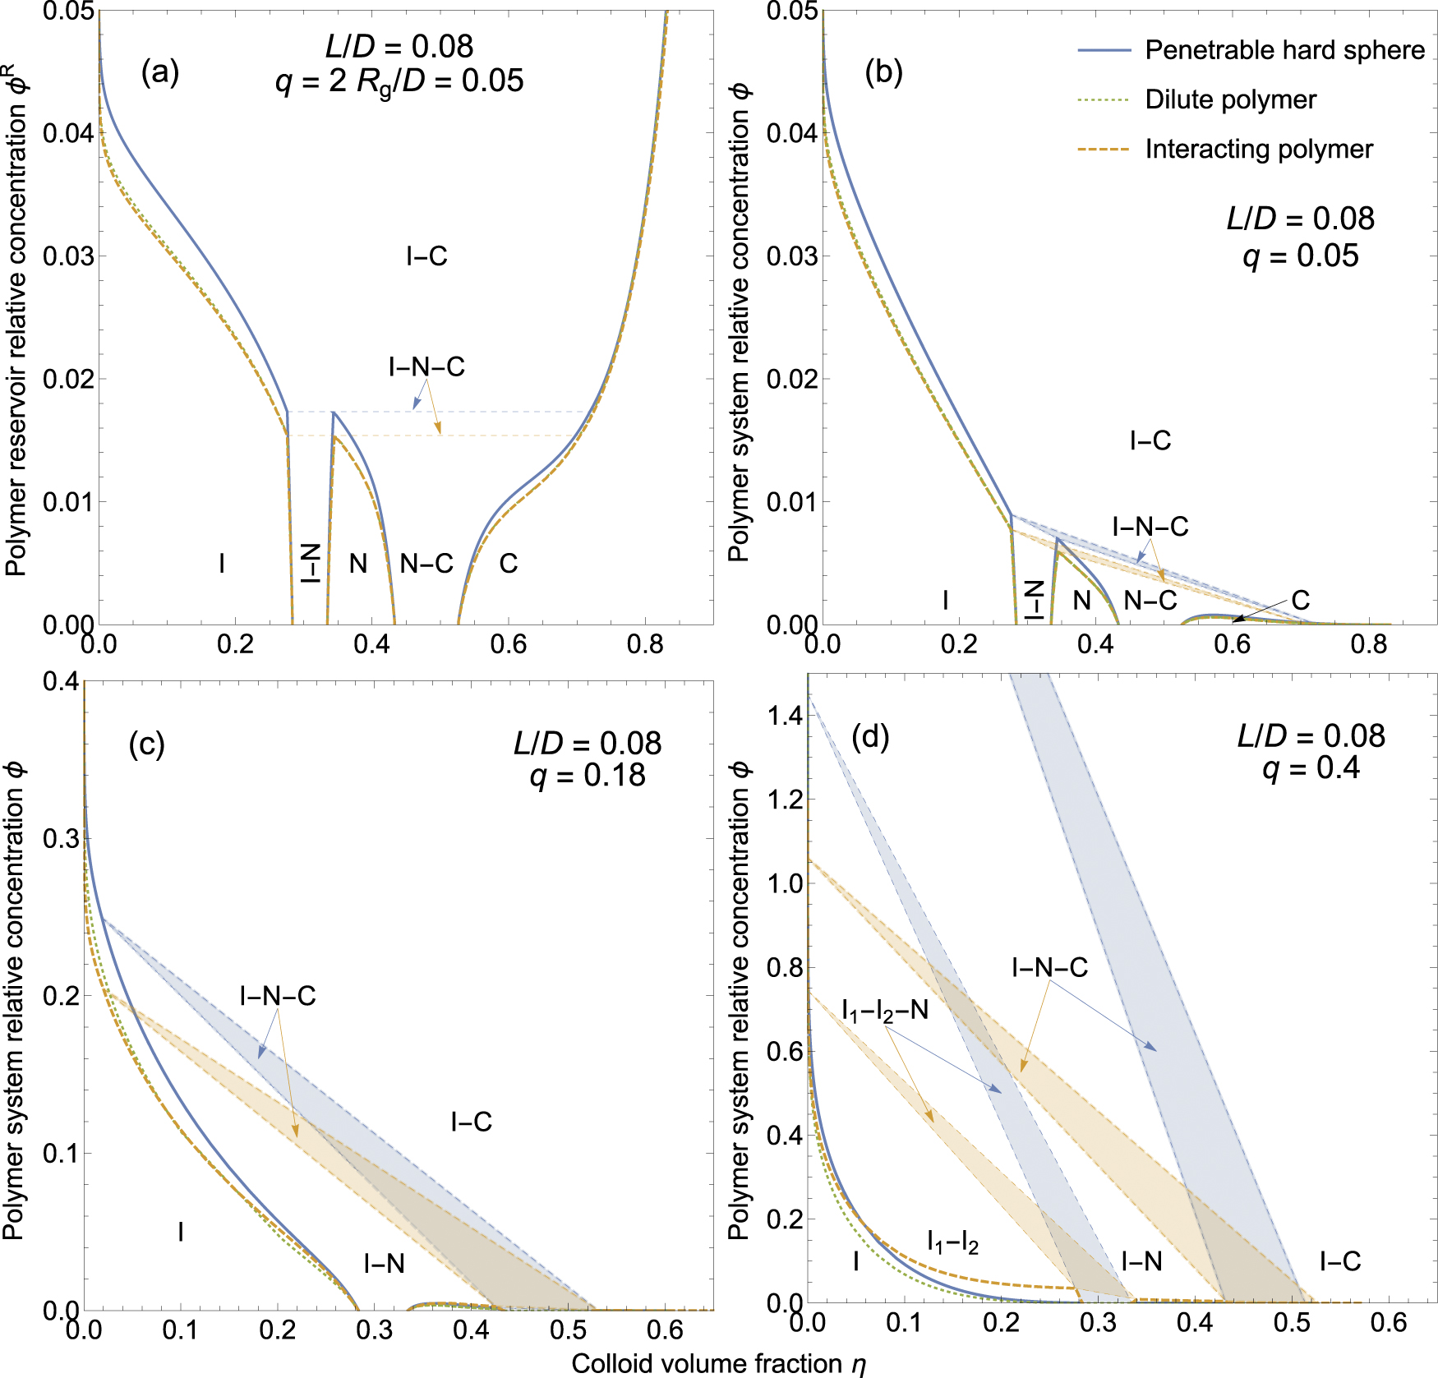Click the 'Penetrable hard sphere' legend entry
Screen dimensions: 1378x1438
click(1284, 50)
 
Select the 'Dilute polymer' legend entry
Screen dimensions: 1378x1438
click(1230, 99)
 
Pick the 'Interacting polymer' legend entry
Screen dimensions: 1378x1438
click(1259, 149)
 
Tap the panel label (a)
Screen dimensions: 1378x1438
click(159, 72)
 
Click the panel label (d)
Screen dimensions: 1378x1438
click(870, 737)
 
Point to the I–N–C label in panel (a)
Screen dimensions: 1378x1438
click(426, 366)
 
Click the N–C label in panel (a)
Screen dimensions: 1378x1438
click(426, 564)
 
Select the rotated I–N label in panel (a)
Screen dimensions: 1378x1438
click(310, 563)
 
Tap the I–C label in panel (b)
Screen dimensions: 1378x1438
click(1150, 441)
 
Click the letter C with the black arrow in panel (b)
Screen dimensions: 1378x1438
click(1300, 600)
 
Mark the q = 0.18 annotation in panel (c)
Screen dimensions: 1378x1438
click(588, 775)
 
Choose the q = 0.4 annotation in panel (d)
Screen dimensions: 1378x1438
click(1311, 767)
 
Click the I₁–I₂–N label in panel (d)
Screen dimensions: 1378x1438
click(885, 1011)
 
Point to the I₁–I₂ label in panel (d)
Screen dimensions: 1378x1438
click(952, 1242)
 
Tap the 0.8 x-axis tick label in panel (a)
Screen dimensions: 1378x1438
click(645, 644)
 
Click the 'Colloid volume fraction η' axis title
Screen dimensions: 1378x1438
click(719, 1364)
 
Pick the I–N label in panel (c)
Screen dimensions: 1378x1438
click(384, 1263)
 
